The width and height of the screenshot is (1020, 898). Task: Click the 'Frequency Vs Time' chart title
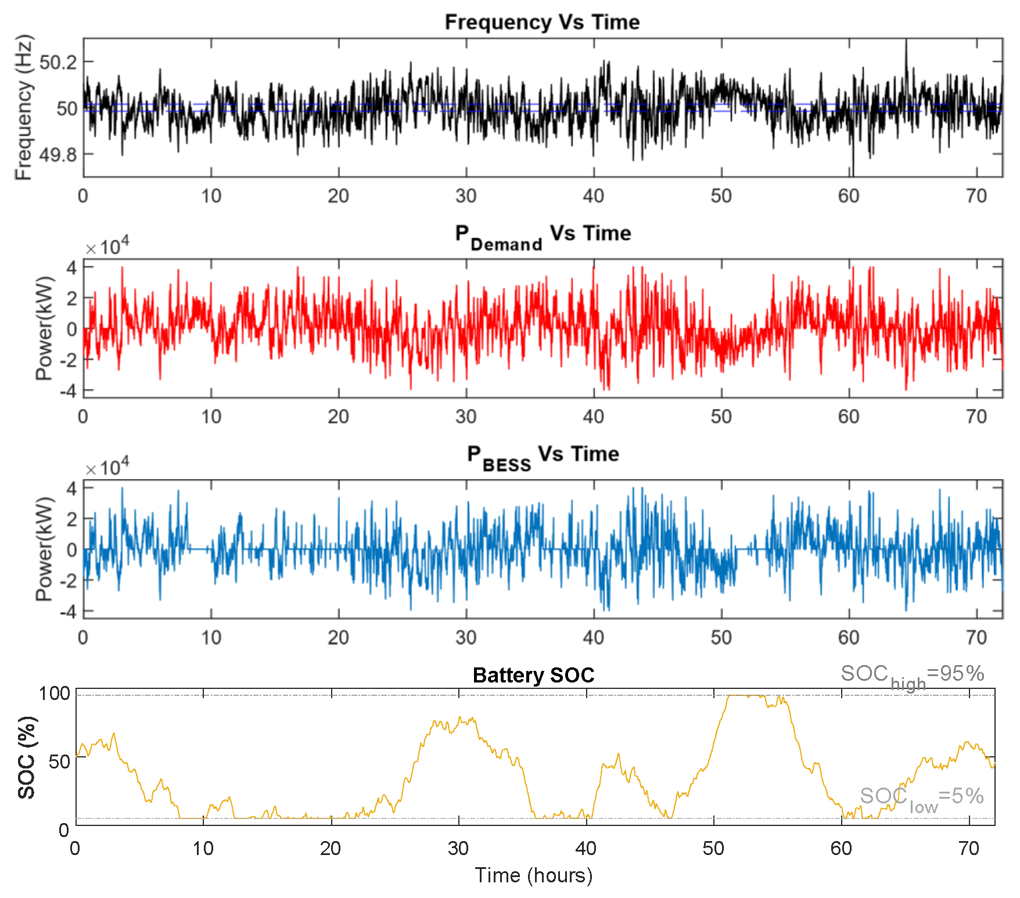[542, 22]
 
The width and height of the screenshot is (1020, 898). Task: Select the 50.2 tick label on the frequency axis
[58, 62]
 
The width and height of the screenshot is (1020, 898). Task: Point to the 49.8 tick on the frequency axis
[58, 155]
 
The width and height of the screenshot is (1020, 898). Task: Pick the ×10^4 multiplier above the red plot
[107, 247]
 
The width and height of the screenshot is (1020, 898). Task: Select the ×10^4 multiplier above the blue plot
[107, 468]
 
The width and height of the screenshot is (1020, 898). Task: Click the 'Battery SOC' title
[533, 675]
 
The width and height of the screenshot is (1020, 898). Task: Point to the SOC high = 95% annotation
[912, 676]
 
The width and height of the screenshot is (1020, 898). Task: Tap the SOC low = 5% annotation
[921, 797]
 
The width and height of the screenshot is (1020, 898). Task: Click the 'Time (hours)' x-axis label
[533, 875]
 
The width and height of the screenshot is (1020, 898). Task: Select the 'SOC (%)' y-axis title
[27, 757]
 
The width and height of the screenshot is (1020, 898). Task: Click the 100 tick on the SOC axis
[54, 693]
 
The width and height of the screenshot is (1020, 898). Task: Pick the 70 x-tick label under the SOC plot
[969, 849]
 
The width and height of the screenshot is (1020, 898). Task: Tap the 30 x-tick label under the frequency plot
[466, 196]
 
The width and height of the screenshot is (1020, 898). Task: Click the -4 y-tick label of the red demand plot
[68, 391]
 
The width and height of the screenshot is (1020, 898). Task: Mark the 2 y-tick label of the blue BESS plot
[71, 519]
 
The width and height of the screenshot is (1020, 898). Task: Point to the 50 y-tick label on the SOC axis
[59, 761]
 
